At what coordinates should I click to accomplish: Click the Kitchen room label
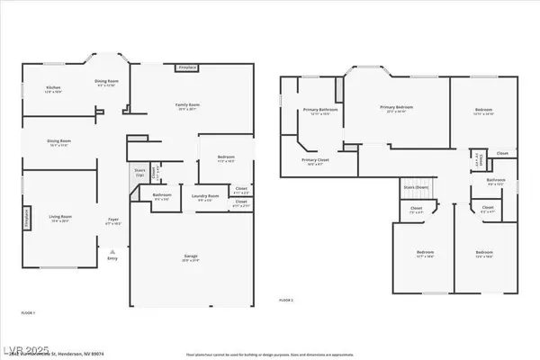pyautogui.click(x=53, y=89)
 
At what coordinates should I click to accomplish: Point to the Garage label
pyautogui.click(x=184, y=257)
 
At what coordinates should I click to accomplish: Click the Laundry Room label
pyautogui.click(x=206, y=196)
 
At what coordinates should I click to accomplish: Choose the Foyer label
pyautogui.click(x=113, y=220)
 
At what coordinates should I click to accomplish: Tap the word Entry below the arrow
pyautogui.click(x=112, y=258)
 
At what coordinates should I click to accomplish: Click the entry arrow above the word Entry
pyautogui.click(x=112, y=250)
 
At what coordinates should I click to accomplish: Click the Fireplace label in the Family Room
pyautogui.click(x=187, y=68)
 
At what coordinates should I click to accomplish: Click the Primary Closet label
pyautogui.click(x=315, y=161)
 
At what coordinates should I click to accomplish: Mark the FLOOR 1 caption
pyautogui.click(x=27, y=313)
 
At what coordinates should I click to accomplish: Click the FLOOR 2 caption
pyautogui.click(x=286, y=299)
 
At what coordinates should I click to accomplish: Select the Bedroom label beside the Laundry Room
pyautogui.click(x=226, y=158)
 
